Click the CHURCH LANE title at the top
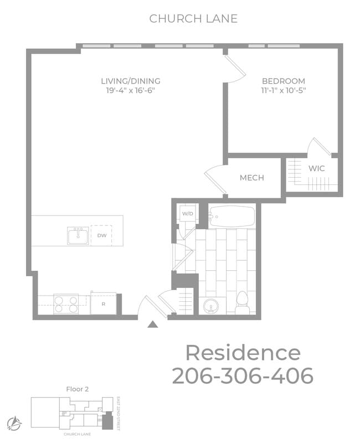click(193, 18)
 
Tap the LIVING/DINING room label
click(130, 81)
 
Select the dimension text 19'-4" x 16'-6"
click(130, 90)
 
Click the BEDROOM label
click(284, 81)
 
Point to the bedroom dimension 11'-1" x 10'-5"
click(284, 90)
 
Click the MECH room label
click(251, 178)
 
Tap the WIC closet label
click(317, 168)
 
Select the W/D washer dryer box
click(187, 213)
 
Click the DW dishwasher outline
click(102, 235)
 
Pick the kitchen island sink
click(78, 235)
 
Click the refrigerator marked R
click(103, 303)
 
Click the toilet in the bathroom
click(242, 302)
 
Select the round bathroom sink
click(211, 305)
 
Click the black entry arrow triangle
click(153, 325)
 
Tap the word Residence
click(243, 352)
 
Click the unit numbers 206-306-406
click(243, 375)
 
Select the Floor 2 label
click(77, 389)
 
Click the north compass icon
click(14, 424)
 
